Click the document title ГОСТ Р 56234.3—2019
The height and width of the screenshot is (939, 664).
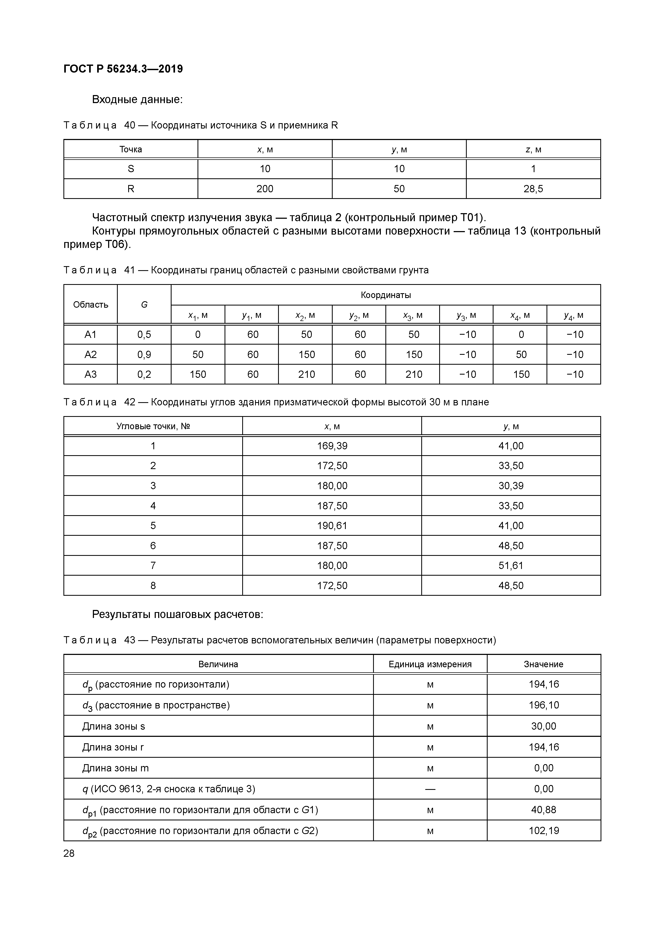[123, 69]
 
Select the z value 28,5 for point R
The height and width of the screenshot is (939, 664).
[533, 189]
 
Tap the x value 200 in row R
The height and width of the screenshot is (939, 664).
[265, 189]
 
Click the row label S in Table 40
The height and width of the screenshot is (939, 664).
[131, 169]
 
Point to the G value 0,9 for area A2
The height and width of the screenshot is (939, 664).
[144, 355]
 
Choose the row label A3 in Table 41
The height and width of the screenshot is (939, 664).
[90, 374]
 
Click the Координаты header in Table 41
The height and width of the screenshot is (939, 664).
[386, 295]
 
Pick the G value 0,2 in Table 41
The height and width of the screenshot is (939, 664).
[144, 374]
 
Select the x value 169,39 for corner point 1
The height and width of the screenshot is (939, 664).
[332, 446]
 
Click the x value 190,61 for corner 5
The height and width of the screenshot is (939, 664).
[332, 526]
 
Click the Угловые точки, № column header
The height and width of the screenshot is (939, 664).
[153, 426]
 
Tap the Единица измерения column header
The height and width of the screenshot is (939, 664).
[430, 664]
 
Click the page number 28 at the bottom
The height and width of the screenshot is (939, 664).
[69, 853]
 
